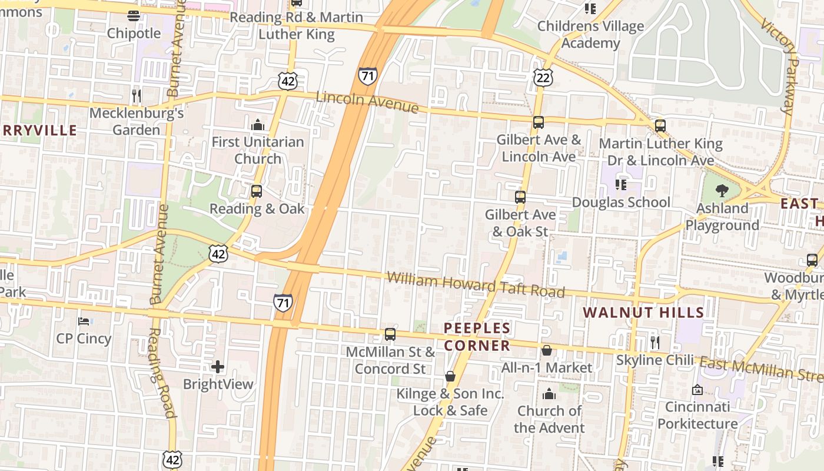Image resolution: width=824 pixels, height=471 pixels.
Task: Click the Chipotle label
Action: pos(134,34)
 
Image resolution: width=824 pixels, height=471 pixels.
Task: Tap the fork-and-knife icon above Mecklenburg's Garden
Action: pos(137,96)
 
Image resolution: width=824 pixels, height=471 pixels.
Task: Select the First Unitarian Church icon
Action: pos(258,125)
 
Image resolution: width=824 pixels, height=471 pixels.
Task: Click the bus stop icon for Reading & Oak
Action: pos(256,191)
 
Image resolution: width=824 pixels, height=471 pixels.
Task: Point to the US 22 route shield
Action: pos(543,77)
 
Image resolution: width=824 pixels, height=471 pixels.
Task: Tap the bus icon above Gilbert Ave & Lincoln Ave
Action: pos(538,122)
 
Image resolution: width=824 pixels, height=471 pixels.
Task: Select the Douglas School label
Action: pos(621,203)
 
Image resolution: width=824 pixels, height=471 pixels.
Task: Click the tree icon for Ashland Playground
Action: pos(722,190)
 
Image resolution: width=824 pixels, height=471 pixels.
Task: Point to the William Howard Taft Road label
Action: pos(476,284)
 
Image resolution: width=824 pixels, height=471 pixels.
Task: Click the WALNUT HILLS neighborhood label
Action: pos(643,312)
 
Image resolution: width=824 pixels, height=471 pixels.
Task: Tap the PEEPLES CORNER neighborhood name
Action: pos(477,337)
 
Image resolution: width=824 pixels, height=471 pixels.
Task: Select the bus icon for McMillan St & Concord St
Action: pos(390,334)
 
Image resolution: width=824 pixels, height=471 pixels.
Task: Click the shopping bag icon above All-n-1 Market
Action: pos(547,351)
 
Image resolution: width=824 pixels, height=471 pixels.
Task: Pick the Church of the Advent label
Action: pos(549,419)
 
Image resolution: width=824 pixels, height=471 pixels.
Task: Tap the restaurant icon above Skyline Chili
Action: pos(654,342)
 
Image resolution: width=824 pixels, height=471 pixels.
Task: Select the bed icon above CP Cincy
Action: pos(84,321)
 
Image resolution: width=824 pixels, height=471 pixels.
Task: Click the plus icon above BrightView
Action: pos(218,367)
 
